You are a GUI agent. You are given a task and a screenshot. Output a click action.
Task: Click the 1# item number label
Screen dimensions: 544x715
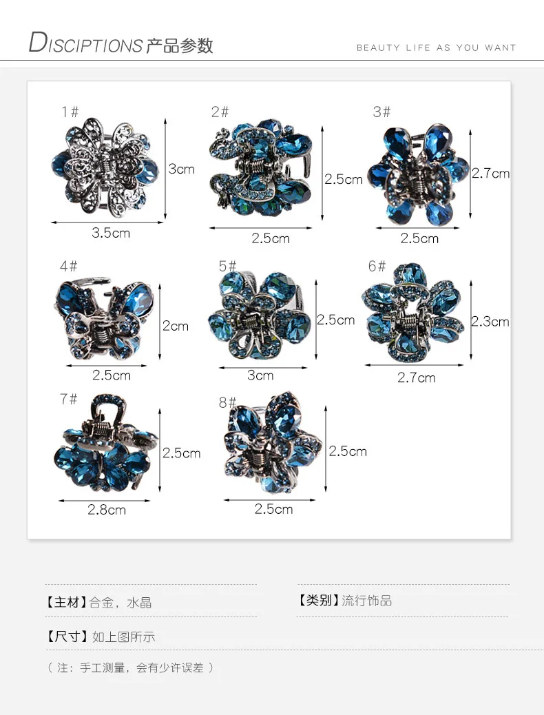70,112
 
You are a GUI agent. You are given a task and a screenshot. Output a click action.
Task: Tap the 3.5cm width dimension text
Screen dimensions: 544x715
111,233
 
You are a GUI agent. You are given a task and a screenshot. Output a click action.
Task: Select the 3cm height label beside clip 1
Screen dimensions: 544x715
182,169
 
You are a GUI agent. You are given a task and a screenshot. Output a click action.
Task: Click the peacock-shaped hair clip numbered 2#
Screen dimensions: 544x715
261,168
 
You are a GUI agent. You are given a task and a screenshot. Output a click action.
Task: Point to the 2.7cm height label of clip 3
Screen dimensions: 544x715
491,174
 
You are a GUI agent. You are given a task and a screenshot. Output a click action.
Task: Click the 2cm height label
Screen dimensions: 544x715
176,326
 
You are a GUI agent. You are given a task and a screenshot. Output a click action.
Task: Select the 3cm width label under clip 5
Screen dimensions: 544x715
260,375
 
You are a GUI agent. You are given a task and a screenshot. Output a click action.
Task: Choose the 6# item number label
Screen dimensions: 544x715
377,266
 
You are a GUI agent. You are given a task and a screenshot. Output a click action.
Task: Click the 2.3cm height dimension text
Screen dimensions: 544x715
490,322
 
